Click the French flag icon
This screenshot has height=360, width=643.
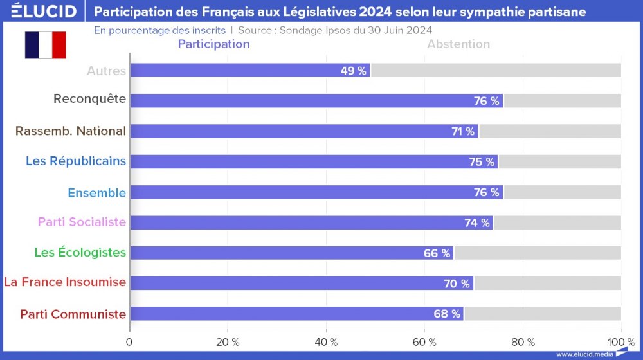pyautogui.click(x=46, y=45)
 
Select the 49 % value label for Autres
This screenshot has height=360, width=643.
pyautogui.click(x=353, y=71)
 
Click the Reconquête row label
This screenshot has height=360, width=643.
pyautogui.click(x=89, y=100)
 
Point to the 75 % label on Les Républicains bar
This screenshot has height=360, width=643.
pyautogui.click(x=482, y=162)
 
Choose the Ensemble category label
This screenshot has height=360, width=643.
pyautogui.click(x=96, y=192)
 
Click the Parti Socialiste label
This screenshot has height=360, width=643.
pyautogui.click(x=82, y=222)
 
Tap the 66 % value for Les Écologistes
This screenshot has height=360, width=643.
pyautogui.click(x=437, y=253)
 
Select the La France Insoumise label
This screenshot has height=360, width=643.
pyautogui.click(x=65, y=282)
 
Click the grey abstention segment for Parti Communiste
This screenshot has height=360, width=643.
pyautogui.click(x=542, y=314)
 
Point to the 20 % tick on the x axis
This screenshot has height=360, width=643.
pyautogui.click(x=228, y=342)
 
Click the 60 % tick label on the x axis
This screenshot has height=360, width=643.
pyautogui.click(x=424, y=342)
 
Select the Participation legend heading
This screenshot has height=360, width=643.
pyautogui.click(x=213, y=44)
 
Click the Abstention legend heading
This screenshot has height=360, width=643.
pyautogui.click(x=458, y=44)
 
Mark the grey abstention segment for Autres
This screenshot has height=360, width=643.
pyautogui.click(x=496, y=71)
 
